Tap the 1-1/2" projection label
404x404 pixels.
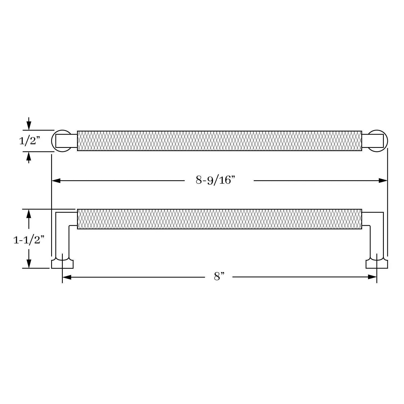tap(29, 239)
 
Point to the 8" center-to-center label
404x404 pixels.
tap(219, 277)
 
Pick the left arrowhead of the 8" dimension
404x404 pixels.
tap(67, 277)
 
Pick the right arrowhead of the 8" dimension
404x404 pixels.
tap(372, 277)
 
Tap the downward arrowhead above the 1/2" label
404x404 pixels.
tap(29, 126)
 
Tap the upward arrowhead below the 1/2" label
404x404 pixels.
tap(29, 156)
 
